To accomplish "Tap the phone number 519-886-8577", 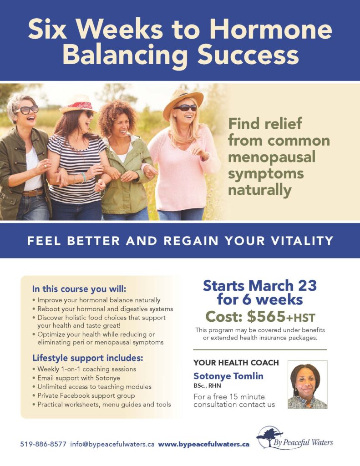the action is pyautogui.click(x=43, y=444).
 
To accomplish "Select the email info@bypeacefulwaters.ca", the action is pyautogui.click(x=112, y=444).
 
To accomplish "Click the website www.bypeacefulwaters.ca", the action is pyautogui.click(x=203, y=444).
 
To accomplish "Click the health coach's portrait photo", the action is pyautogui.click(x=307, y=385).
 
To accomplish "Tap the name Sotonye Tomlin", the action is pyautogui.click(x=228, y=376).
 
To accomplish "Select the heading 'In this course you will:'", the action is pyautogui.click(x=79, y=289).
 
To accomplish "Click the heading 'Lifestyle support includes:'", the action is pyautogui.click(x=88, y=358).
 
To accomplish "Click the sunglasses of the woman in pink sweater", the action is pyautogui.click(x=185, y=108).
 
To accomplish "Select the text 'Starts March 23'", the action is pyautogui.click(x=260, y=286).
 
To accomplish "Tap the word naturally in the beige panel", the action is pyautogui.click(x=259, y=190).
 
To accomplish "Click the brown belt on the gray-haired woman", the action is pyautogui.click(x=33, y=193).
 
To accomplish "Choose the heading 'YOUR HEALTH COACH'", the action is pyautogui.click(x=236, y=363).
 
